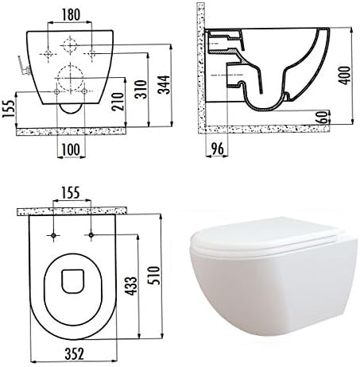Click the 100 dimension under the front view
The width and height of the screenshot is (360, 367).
coord(68,149)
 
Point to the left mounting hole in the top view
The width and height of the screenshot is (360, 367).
coord(53,238)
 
